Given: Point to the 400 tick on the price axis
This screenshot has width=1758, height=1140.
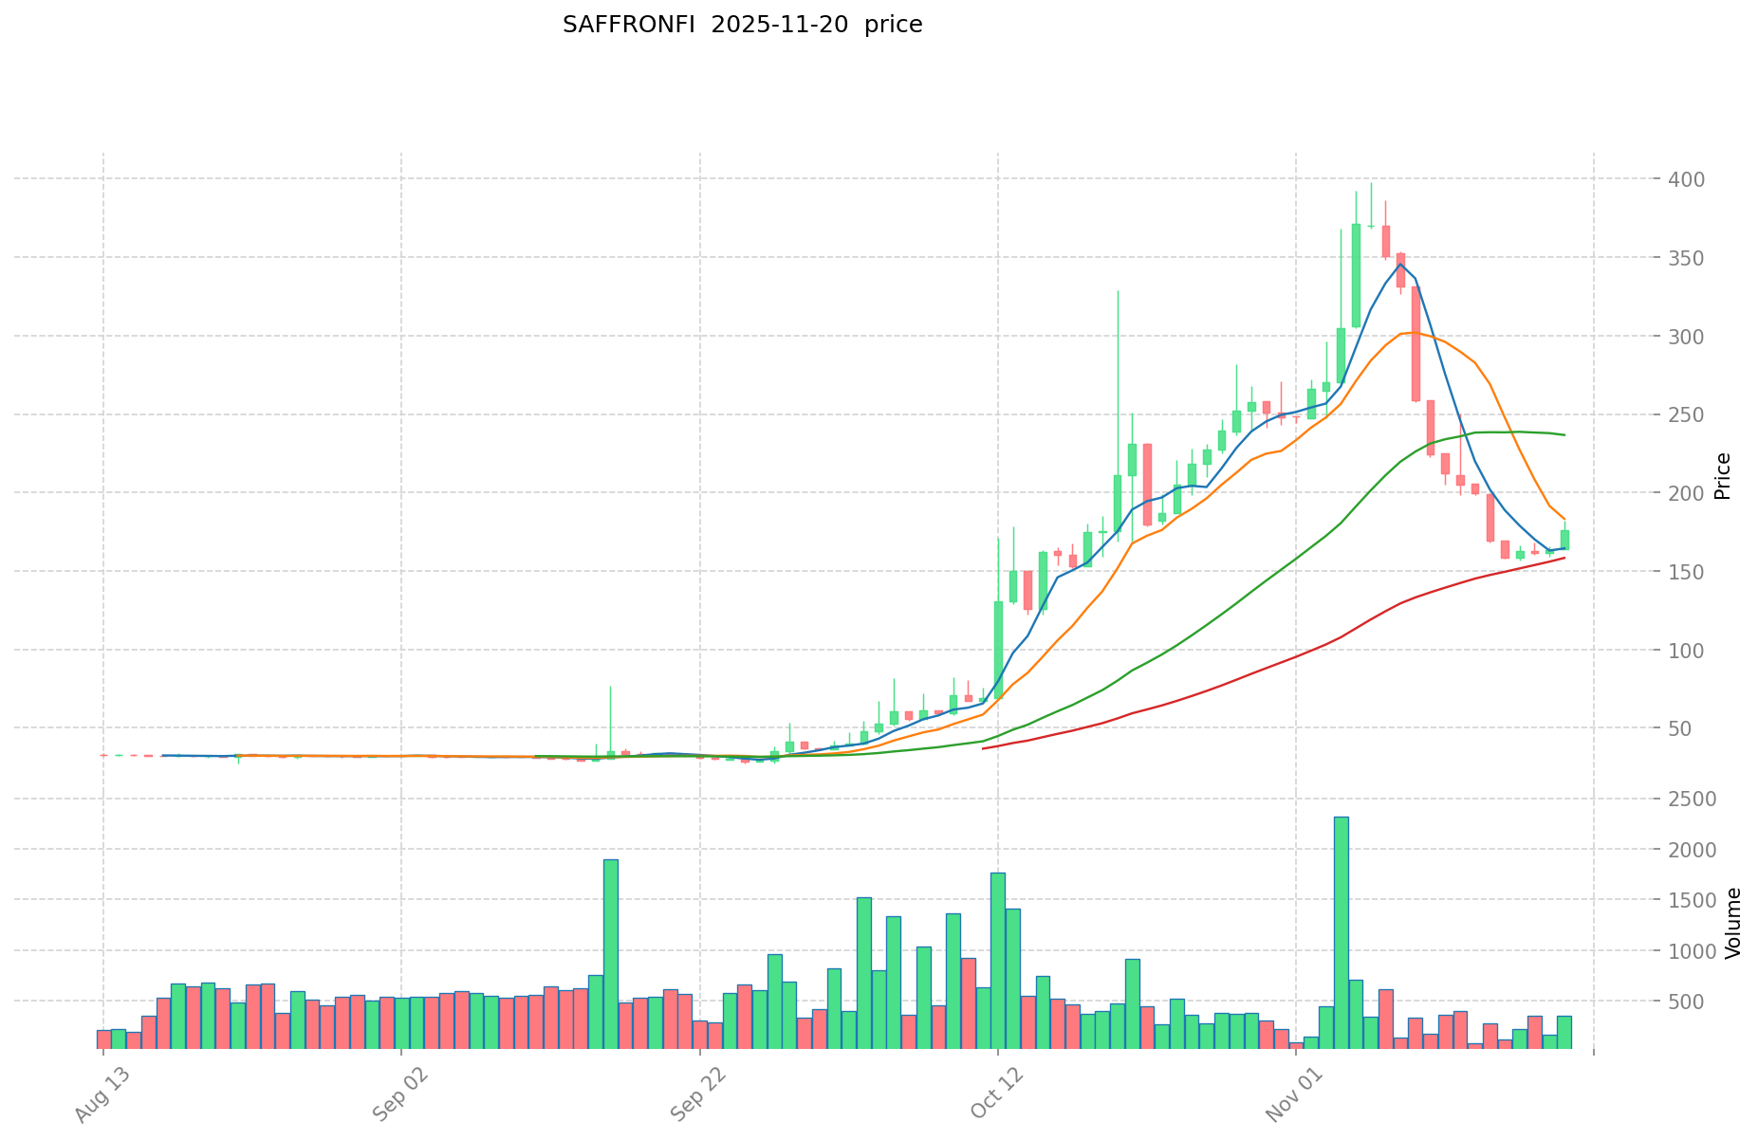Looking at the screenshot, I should pos(1688,179).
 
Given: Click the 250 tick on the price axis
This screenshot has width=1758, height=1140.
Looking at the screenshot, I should pos(1688,414).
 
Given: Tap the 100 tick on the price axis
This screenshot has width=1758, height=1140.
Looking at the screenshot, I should pos(1688,650).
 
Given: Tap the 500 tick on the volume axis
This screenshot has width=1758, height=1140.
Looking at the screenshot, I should pos(1689,1001).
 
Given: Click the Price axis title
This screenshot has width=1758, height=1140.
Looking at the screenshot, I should pos(1723,475).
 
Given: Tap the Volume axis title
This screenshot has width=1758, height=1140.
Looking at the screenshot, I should pos(1732,923).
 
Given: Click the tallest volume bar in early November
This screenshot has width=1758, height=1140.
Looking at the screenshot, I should pos(1341,932).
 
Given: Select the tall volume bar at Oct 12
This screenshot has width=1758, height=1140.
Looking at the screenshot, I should pos(998,960).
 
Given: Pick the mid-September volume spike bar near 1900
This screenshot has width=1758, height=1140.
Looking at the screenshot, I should pos(611,953).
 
